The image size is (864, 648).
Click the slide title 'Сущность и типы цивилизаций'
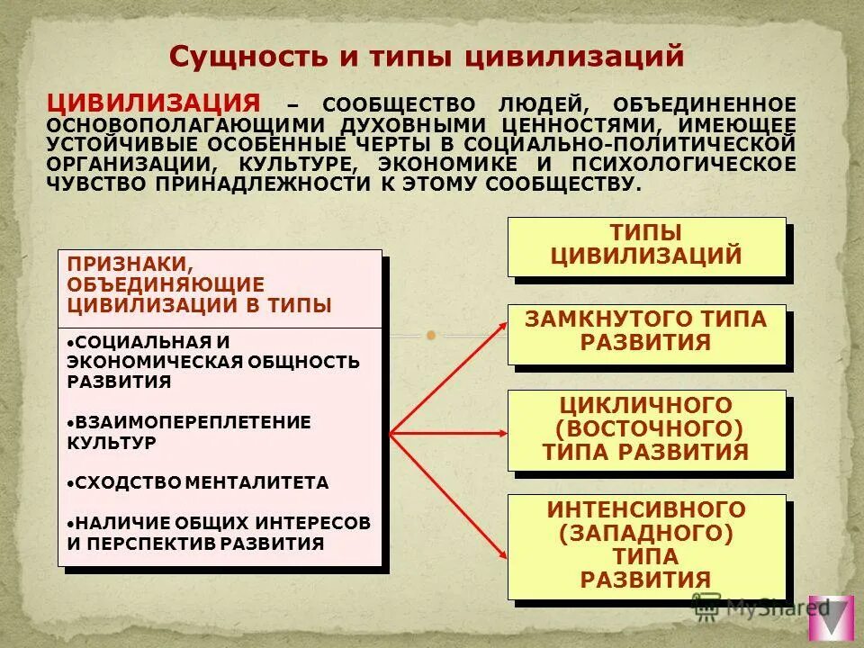(x=427, y=57)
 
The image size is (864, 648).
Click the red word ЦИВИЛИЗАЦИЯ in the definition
(x=155, y=101)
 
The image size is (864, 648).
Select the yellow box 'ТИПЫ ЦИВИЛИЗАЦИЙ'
(x=646, y=245)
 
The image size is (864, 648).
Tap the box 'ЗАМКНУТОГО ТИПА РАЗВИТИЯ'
(x=646, y=331)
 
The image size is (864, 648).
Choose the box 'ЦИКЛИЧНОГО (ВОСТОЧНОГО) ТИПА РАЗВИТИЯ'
(x=646, y=429)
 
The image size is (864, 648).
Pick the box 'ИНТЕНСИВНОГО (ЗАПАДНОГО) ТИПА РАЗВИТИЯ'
(x=646, y=545)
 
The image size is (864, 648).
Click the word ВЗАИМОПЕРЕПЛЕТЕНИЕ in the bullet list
(x=193, y=421)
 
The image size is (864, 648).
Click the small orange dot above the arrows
(x=431, y=336)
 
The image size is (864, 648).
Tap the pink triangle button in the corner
(x=831, y=618)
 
